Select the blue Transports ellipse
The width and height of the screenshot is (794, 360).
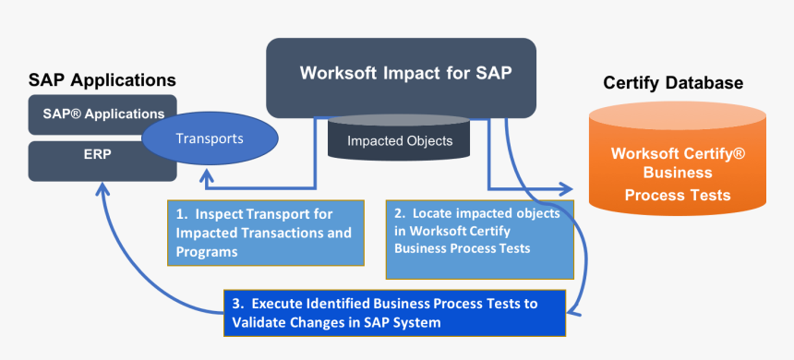[211, 139]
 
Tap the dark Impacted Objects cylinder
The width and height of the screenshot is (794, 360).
[399, 141]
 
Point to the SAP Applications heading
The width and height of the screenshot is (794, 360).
[102, 80]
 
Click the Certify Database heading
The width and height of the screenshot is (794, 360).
[672, 84]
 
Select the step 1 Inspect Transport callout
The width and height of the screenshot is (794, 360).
[263, 232]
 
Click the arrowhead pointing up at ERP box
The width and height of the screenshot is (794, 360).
[102, 188]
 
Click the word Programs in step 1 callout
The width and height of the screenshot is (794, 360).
[208, 251]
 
